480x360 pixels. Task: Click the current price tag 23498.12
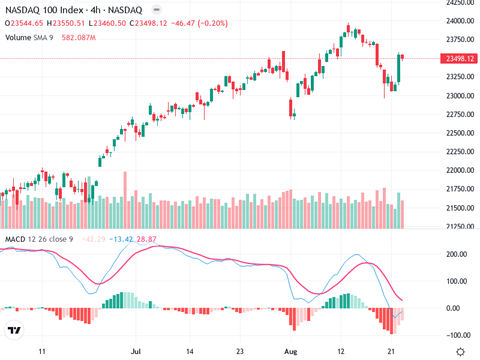coord(458,58)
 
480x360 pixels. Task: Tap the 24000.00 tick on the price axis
coord(458,20)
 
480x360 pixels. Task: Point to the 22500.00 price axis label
coord(458,133)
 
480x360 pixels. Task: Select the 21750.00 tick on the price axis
coord(458,189)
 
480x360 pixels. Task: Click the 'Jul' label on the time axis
coord(136,352)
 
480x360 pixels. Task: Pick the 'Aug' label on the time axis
coord(290,352)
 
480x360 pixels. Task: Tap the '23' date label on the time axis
coord(239,352)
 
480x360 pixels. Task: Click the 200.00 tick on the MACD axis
coord(458,254)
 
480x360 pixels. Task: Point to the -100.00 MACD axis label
coord(458,335)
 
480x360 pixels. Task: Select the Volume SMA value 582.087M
coord(79,38)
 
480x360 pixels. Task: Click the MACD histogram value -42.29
coord(92,239)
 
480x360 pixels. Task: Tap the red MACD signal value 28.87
coord(147,239)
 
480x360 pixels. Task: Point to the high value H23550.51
coord(65,23)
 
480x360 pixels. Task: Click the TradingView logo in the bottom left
coord(14,330)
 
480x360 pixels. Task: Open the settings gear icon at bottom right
coord(460,352)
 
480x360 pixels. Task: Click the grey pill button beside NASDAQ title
coord(156,10)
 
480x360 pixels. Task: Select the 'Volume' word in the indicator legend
coord(18,38)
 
